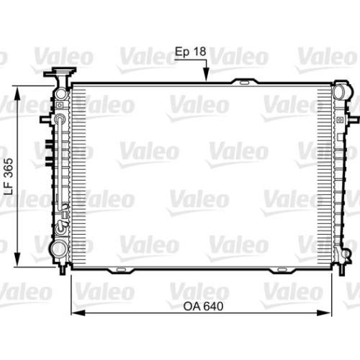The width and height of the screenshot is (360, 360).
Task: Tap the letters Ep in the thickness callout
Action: pyautogui.click(x=183, y=52)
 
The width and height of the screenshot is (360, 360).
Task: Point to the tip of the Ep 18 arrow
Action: pyautogui.click(x=206, y=81)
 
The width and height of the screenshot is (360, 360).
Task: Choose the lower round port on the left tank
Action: pyautogui.click(x=55, y=250)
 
